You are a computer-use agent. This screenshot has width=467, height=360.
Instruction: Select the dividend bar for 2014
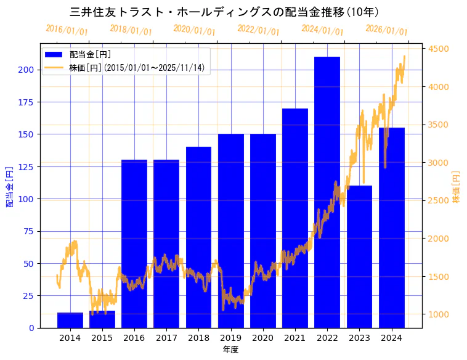pyautogui.click(x=70, y=321)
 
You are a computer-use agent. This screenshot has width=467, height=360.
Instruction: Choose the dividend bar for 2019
pyautogui.click(x=230, y=231)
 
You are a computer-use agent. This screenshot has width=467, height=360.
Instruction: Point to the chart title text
pyautogui.click(x=224, y=12)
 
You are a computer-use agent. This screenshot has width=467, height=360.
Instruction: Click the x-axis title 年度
pyautogui.click(x=230, y=350)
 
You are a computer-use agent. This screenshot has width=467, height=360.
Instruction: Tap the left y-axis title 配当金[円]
pyautogui.click(x=10, y=186)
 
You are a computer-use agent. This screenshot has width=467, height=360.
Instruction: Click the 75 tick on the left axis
pyautogui.click(x=28, y=231)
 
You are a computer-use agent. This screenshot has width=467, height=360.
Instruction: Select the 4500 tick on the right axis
pyautogui.click(x=439, y=49)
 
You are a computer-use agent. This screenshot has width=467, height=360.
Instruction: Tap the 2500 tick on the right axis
pyautogui.click(x=439, y=200)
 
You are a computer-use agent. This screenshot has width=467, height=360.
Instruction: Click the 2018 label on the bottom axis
pyautogui.click(x=198, y=337)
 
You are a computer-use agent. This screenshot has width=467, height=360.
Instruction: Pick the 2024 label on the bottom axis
pyautogui.click(x=391, y=337)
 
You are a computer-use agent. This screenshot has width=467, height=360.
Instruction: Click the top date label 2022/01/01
pyautogui.click(x=258, y=30)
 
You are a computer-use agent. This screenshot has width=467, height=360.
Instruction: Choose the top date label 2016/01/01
pyautogui.click(x=67, y=30)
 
